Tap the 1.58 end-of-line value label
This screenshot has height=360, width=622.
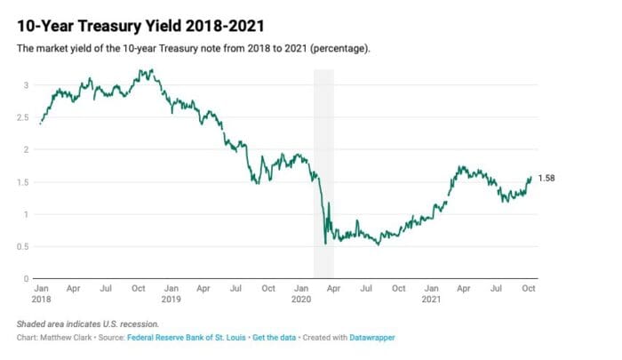tap(547, 179)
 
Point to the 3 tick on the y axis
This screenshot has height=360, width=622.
tap(28, 85)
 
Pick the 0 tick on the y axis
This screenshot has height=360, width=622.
tap(28, 278)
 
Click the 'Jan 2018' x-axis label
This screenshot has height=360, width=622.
tap(41, 294)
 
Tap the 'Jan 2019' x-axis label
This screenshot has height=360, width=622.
tap(171, 294)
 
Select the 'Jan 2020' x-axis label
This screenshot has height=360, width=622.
tap(302, 294)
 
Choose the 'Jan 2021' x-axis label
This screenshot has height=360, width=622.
tap(433, 294)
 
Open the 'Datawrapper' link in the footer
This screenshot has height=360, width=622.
tap(371, 338)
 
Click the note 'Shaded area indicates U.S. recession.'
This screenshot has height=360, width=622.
tap(87, 324)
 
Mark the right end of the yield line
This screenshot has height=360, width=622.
tap(531, 177)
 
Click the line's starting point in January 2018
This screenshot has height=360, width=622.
tap(40, 124)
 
